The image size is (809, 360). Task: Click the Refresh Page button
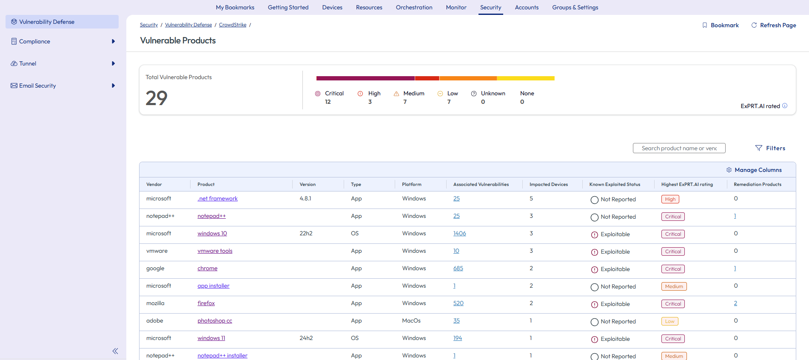click(x=774, y=25)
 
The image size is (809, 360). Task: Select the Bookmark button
click(x=721, y=25)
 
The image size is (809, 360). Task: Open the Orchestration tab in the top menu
click(x=414, y=7)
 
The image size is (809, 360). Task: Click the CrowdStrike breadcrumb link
click(x=233, y=25)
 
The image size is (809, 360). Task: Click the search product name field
click(x=679, y=148)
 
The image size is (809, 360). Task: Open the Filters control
click(x=770, y=148)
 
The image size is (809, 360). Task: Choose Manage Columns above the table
click(x=754, y=170)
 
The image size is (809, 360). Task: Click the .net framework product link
click(x=217, y=199)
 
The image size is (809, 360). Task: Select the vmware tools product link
click(x=215, y=251)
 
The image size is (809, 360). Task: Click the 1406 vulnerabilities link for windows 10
click(x=459, y=234)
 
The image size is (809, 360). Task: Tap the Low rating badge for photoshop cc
click(x=669, y=321)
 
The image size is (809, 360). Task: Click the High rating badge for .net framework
click(x=670, y=199)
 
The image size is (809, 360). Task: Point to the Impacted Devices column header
click(x=548, y=184)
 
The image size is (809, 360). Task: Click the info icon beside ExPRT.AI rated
click(x=785, y=106)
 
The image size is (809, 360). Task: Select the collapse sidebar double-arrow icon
click(x=115, y=351)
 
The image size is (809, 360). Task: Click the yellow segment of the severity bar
click(x=526, y=78)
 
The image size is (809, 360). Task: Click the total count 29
click(x=157, y=98)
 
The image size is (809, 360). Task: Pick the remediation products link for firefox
click(x=735, y=303)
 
